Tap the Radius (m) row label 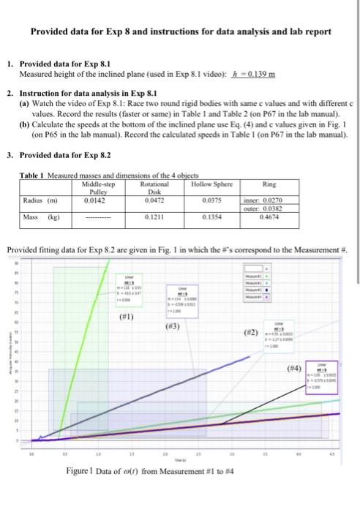(x=37, y=197)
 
